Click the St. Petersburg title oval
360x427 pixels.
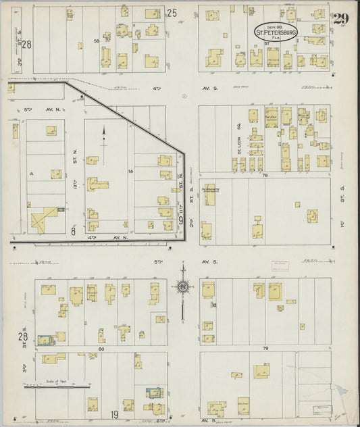[274, 32]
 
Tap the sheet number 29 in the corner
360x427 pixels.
[341, 19]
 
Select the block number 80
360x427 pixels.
[101, 349]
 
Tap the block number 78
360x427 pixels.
[265, 175]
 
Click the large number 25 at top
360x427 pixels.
[172, 12]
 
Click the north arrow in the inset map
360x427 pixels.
[104, 135]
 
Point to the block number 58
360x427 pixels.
[97, 42]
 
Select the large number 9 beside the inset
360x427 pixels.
[181, 218]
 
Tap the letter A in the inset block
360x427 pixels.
[31, 173]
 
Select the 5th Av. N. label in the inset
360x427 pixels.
[28, 108]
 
